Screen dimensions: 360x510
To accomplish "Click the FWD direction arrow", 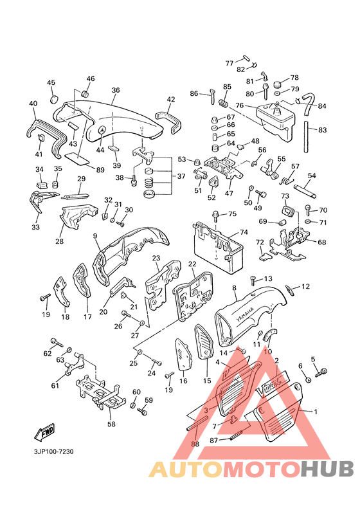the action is [44, 433].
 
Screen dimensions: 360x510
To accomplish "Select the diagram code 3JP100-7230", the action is [53, 451].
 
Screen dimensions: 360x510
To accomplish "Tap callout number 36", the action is [116, 90].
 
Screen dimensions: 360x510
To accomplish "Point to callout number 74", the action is [244, 232].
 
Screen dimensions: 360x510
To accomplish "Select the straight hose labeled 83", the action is [307, 136].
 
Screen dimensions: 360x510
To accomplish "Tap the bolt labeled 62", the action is [57, 343].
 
